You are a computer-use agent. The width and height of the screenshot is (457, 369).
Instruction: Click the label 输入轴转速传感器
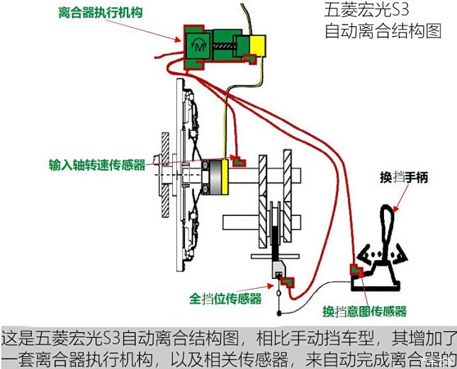click(97, 165)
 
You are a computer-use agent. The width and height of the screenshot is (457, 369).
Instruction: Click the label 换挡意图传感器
click(364, 311)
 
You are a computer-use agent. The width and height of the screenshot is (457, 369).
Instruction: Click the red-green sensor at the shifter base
click(356, 271)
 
